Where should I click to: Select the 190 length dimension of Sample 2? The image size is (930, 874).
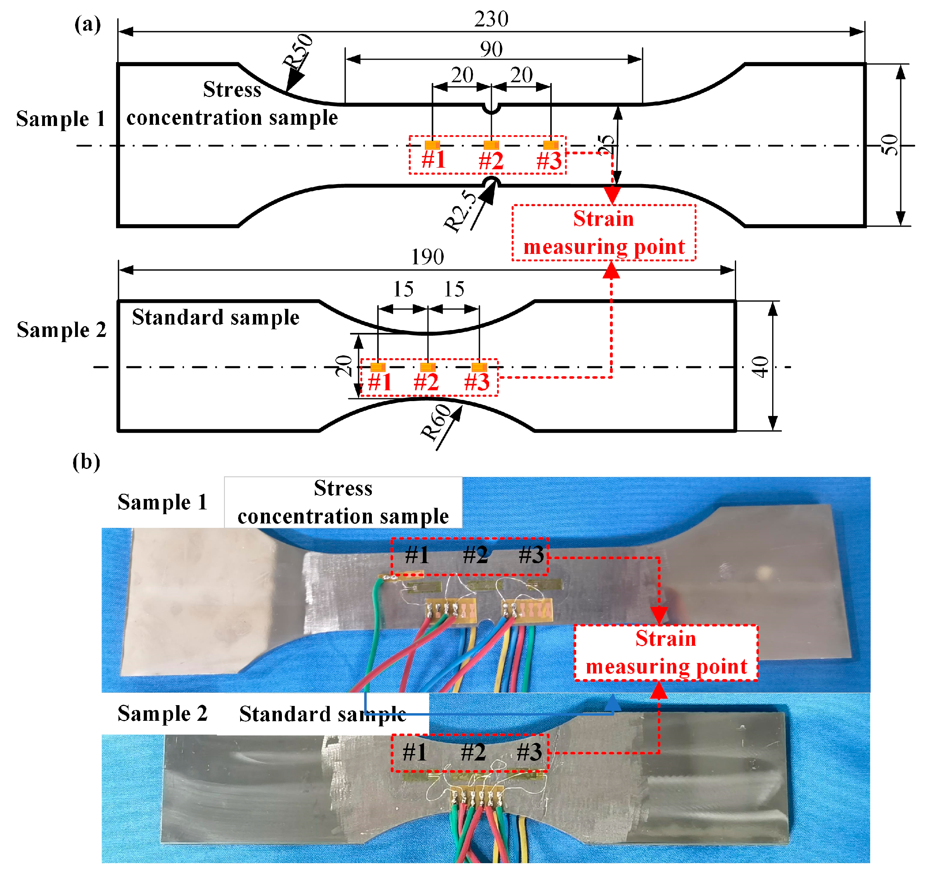coord(427,257)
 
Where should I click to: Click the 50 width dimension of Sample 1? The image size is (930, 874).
coord(889,145)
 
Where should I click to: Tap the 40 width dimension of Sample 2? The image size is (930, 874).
coord(760,367)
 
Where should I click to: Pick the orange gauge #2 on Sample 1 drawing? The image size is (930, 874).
coord(491,145)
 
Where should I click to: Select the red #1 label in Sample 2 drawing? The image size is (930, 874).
coord(379,382)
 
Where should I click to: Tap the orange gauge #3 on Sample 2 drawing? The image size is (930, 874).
coord(479,367)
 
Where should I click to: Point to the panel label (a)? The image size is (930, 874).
coord(88,24)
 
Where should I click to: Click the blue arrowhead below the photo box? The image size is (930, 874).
coord(613,702)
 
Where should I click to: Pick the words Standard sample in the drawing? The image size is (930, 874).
coord(216,317)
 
